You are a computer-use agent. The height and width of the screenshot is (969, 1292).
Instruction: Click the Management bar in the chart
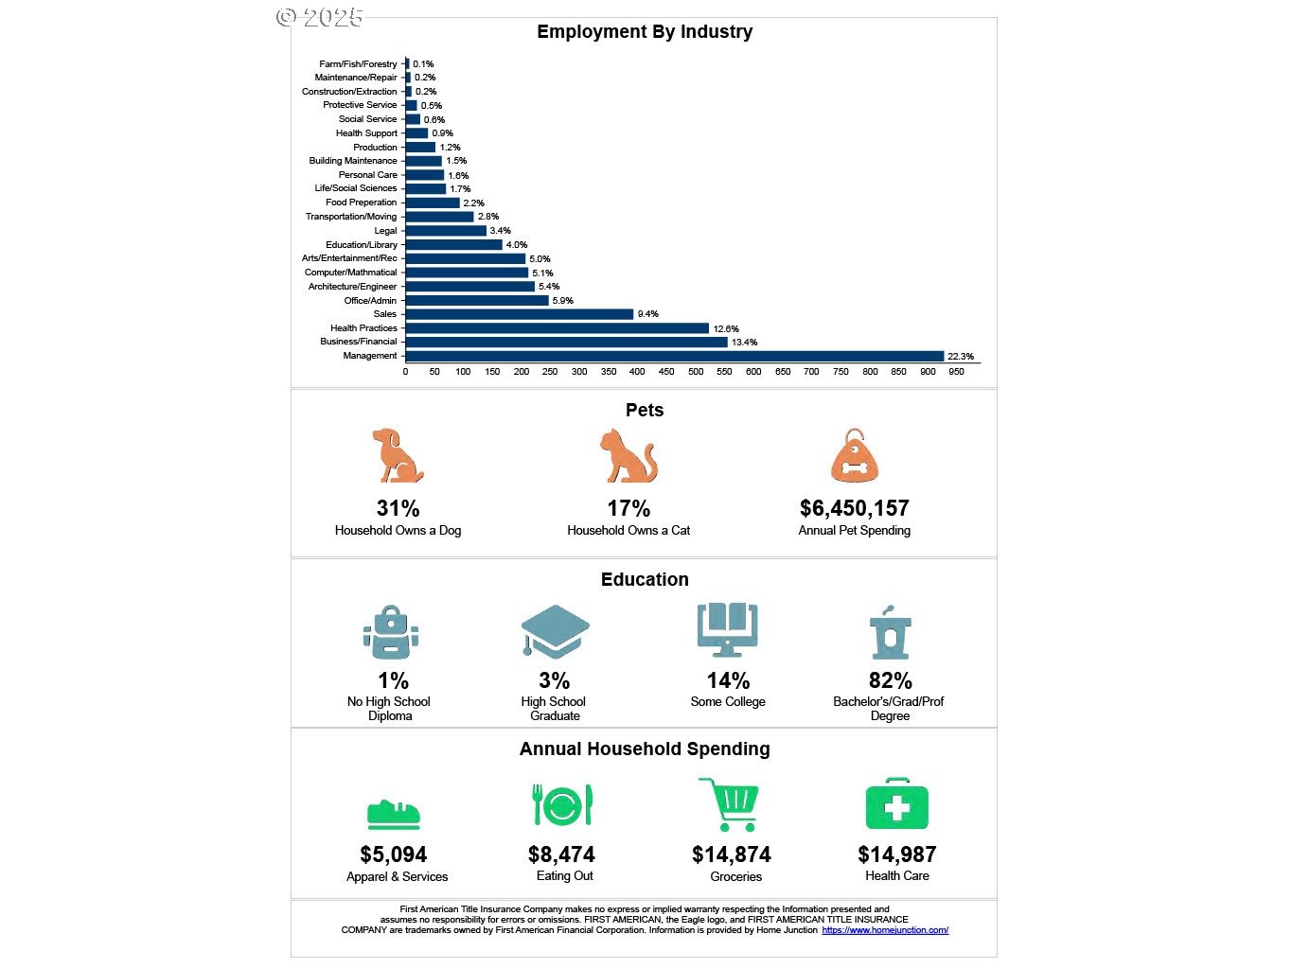click(x=674, y=356)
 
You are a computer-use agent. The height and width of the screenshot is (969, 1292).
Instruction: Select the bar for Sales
click(x=519, y=314)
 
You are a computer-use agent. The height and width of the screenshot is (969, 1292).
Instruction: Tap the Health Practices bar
click(x=557, y=328)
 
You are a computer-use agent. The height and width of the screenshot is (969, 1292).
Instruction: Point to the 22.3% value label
click(x=960, y=357)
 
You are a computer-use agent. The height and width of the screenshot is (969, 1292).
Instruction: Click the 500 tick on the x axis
click(x=696, y=372)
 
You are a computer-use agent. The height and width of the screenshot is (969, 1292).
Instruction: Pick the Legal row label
click(x=385, y=231)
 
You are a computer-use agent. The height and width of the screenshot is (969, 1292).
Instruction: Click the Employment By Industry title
click(x=645, y=32)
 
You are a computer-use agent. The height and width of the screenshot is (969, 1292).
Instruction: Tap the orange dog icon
click(x=397, y=456)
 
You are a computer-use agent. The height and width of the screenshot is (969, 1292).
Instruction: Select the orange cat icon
click(x=628, y=456)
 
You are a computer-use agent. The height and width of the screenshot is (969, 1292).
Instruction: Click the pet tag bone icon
click(x=854, y=457)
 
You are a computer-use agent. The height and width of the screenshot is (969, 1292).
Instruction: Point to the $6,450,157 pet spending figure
click(x=854, y=508)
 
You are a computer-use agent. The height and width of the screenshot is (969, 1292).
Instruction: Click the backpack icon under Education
click(x=390, y=632)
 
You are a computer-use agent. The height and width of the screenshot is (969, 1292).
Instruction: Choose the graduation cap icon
click(x=555, y=631)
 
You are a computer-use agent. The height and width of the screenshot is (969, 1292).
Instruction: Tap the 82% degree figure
click(x=890, y=680)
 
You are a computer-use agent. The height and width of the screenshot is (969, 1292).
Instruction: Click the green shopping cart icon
click(x=730, y=804)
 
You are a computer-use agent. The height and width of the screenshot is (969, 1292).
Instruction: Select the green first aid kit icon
click(x=896, y=805)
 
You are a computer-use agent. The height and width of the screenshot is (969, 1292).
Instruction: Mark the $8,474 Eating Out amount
click(x=561, y=854)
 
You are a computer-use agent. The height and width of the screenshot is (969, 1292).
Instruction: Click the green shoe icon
click(x=394, y=814)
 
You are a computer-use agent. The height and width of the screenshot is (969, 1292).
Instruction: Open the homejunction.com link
click(x=885, y=930)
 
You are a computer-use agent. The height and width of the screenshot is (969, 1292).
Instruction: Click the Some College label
click(x=727, y=702)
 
